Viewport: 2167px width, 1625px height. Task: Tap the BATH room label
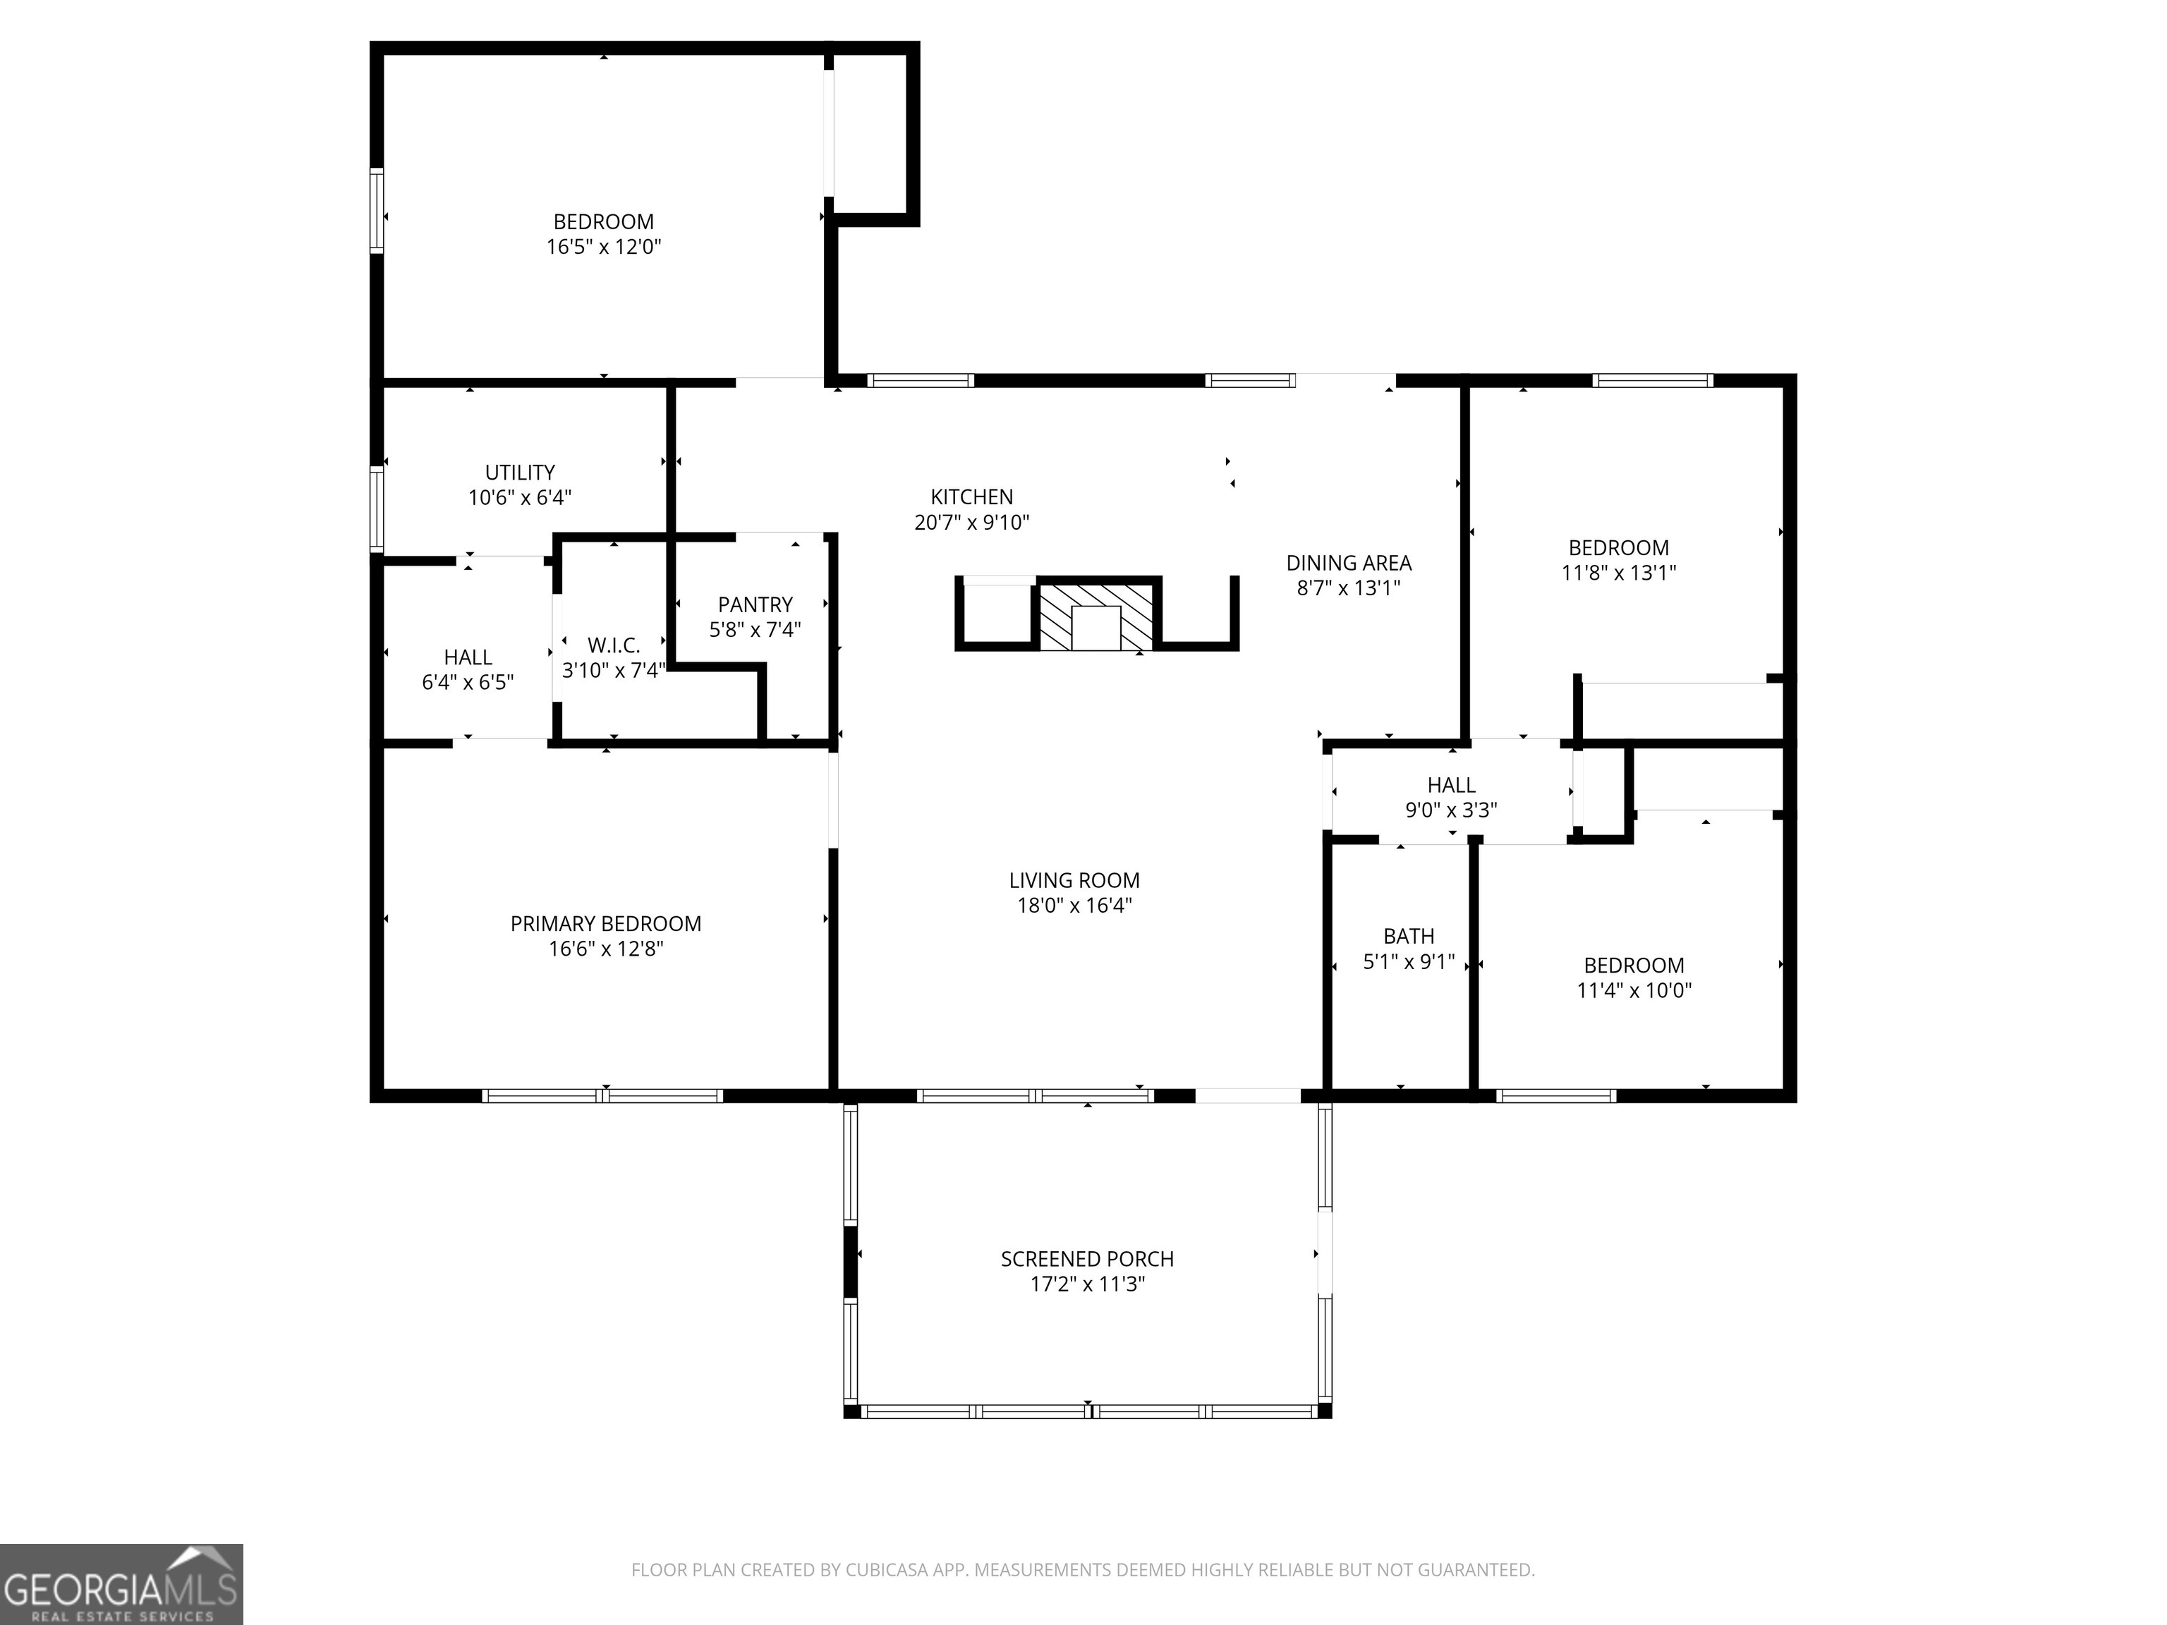(1408, 937)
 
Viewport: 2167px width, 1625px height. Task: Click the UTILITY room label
(519, 472)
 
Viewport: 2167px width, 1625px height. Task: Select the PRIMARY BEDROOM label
(605, 924)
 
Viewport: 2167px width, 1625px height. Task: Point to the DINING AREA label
(1348, 564)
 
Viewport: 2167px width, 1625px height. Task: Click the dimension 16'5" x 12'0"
(603, 247)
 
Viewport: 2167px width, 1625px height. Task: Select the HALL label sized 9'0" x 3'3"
(1451, 786)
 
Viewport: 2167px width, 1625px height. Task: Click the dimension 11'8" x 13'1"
(1618, 573)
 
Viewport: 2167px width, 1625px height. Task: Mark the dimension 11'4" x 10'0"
(1633, 990)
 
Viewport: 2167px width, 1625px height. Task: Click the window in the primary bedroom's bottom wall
(603, 1096)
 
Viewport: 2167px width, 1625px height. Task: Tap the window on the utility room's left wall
(376, 509)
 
